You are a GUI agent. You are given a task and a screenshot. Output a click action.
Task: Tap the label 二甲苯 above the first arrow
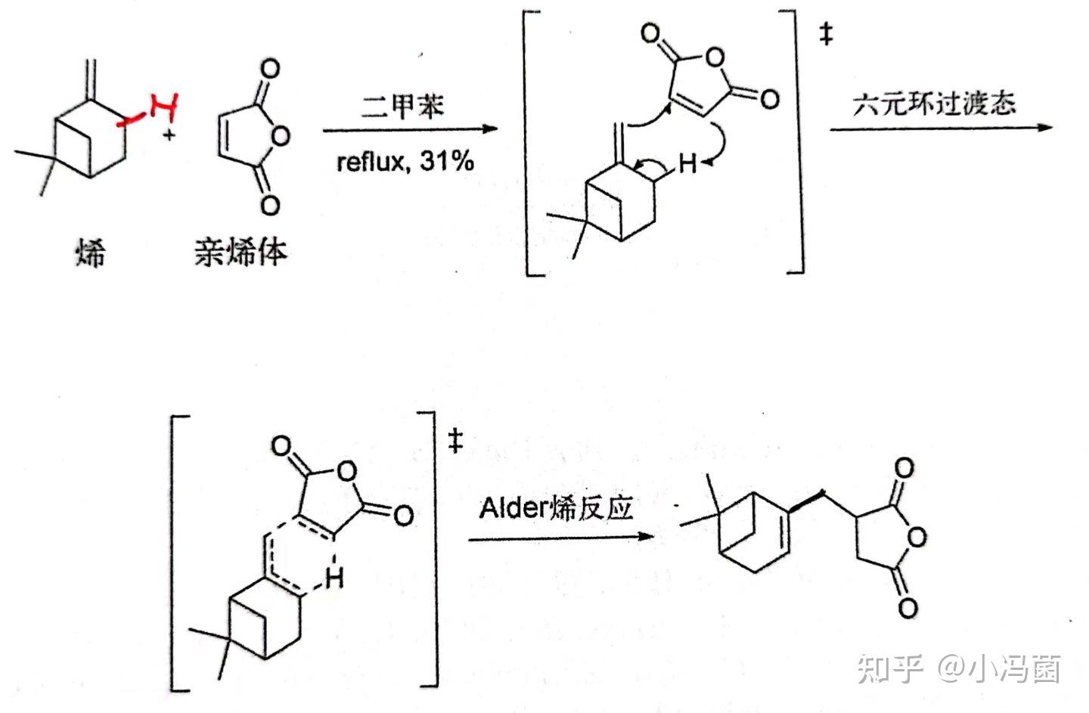[401, 105]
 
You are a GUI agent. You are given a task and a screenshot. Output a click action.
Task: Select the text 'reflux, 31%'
[405, 161]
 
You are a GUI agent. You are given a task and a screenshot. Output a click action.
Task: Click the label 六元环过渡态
[935, 104]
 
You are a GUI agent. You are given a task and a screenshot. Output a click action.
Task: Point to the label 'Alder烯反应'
[556, 508]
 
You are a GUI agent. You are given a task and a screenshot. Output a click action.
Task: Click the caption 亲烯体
[240, 252]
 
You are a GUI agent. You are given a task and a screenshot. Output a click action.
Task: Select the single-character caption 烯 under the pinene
[90, 252]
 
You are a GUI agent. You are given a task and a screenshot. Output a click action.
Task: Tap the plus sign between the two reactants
[170, 137]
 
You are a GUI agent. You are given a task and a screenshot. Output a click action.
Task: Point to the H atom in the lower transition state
[334, 579]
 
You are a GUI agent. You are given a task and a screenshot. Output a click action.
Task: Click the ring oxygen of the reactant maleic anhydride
[281, 137]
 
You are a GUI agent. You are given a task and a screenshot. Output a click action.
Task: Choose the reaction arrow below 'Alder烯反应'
[560, 538]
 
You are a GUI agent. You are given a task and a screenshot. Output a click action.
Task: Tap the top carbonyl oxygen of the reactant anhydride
[269, 70]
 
